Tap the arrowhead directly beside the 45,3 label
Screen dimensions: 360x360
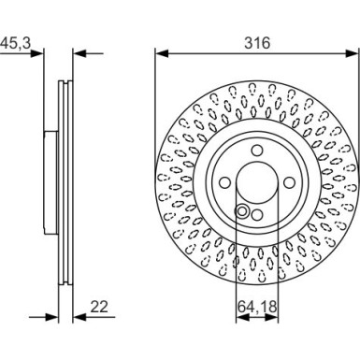(x=40, y=54)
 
